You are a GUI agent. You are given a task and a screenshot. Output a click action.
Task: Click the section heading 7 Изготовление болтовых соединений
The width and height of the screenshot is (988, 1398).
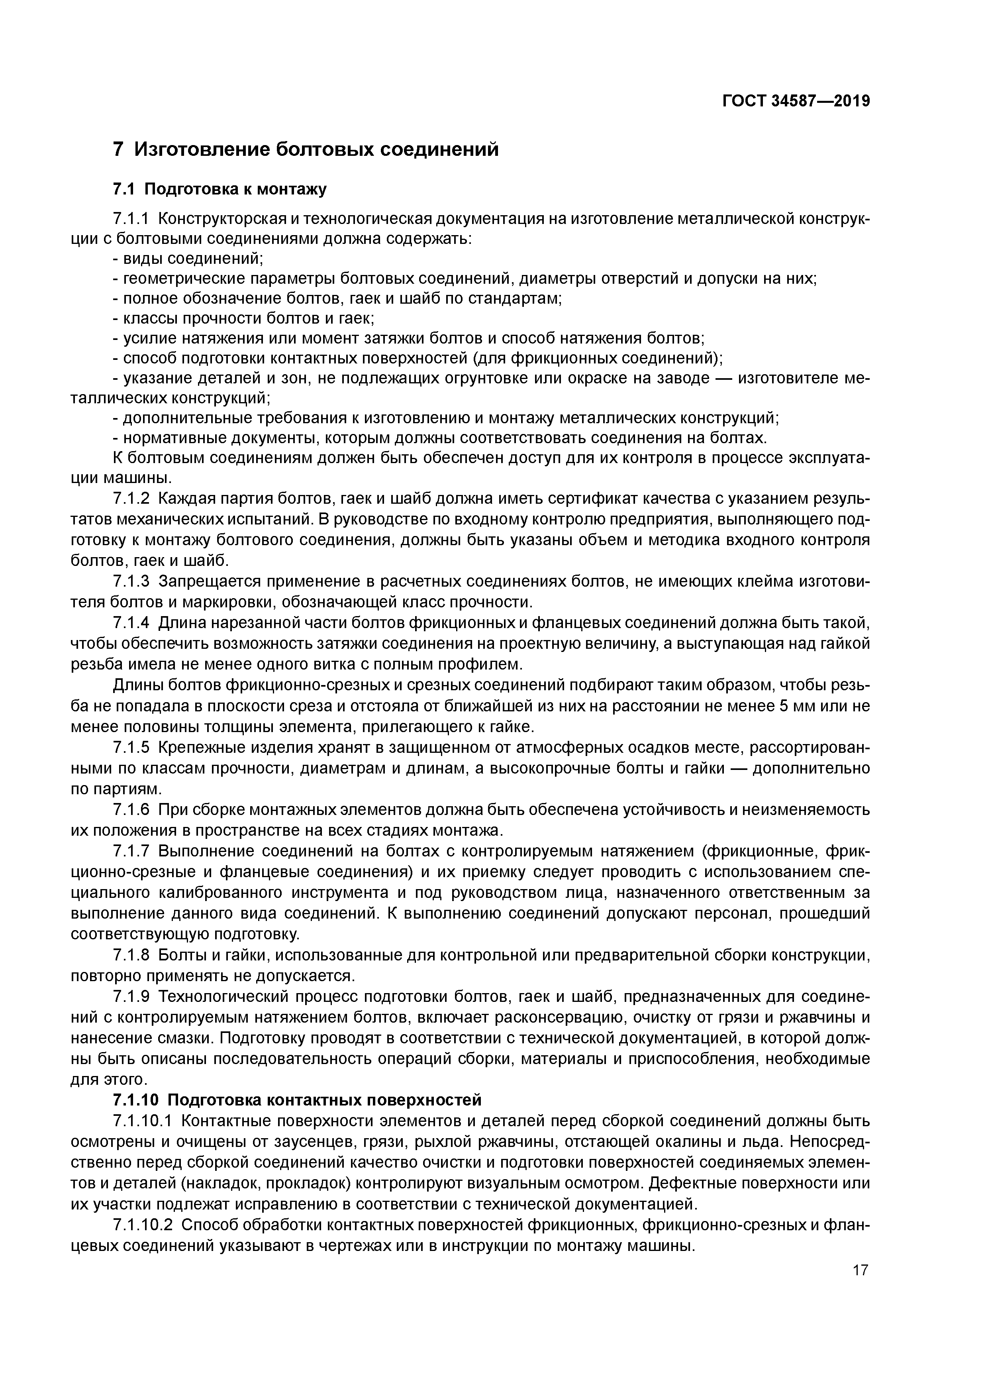click(306, 149)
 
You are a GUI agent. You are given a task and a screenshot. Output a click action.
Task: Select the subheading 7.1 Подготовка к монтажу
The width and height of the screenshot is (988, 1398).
click(220, 189)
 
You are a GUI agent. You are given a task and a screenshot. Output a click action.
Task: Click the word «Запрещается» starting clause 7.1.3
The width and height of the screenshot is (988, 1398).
click(207, 582)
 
